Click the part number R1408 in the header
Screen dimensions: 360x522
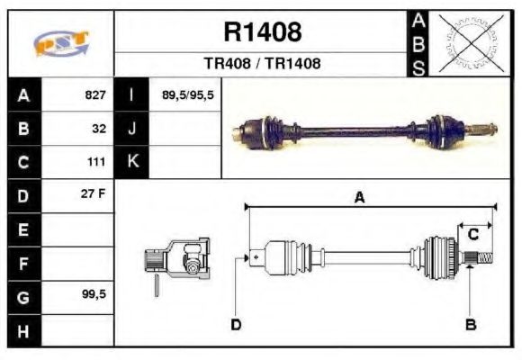[x=262, y=33]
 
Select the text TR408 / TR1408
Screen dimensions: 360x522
[x=262, y=64]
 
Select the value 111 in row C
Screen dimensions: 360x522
[x=96, y=162]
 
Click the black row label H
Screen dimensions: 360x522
[x=23, y=330]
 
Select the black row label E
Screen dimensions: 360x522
[x=23, y=229]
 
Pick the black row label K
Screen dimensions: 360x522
[x=132, y=162]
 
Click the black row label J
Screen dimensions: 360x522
[x=132, y=129]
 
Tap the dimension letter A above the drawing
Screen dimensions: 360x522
[x=360, y=199]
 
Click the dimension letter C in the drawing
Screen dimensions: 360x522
[x=472, y=236]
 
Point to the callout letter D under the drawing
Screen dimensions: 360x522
[x=236, y=324]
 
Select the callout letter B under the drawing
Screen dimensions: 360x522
[x=470, y=324]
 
